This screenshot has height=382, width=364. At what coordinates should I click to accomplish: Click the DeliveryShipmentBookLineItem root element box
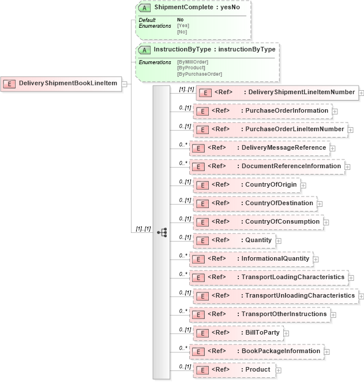tap(61, 84)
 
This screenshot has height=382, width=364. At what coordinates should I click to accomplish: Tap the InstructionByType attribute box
tap(208, 50)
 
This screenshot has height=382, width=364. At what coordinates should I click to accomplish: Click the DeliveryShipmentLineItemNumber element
tap(277, 92)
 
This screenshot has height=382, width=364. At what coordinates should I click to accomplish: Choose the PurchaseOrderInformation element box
tap(262, 110)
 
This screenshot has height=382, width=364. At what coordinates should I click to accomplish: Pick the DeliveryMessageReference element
tap(260, 147)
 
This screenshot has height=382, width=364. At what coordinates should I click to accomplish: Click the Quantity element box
tap(234, 240)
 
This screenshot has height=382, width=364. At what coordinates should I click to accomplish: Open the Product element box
tap(233, 369)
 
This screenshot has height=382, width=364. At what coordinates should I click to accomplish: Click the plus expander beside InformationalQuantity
tap(316, 259)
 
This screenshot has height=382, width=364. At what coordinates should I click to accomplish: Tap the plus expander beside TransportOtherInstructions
tap(334, 314)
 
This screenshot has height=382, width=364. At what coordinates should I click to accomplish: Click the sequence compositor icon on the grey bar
tap(162, 232)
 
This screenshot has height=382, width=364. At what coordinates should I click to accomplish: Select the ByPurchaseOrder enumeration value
tap(199, 74)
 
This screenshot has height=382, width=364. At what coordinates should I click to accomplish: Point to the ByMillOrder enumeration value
tap(193, 62)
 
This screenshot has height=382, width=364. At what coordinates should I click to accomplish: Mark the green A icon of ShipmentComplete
tap(146, 9)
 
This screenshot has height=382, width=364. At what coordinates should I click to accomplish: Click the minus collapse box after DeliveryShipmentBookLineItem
tap(124, 84)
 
